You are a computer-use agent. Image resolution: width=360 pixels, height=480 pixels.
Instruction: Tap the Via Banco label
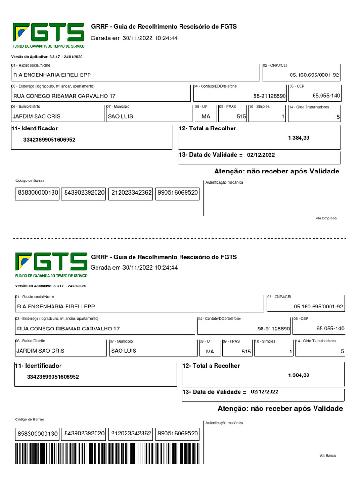pyautogui.click(x=328, y=456)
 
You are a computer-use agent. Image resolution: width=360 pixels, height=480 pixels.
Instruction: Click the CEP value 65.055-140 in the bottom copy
pyautogui.click(x=330, y=329)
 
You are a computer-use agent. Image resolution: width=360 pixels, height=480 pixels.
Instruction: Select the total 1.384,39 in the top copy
pyautogui.click(x=299, y=138)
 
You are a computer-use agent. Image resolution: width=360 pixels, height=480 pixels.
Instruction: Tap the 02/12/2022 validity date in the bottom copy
pyautogui.click(x=264, y=391)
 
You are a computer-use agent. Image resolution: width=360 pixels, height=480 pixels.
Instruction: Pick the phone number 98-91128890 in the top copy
pyautogui.click(x=270, y=96)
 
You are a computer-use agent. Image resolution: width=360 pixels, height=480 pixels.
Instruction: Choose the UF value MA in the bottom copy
pyautogui.click(x=210, y=351)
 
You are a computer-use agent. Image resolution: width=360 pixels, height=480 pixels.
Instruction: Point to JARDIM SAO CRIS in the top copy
pyautogui.click(x=36, y=116)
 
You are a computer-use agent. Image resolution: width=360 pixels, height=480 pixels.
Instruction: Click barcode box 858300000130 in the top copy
pyautogui.click(x=37, y=192)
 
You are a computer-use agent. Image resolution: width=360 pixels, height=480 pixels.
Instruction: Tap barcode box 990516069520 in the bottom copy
pyautogui.click(x=177, y=434)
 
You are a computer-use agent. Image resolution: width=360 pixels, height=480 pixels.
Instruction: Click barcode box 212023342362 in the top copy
pyautogui.click(x=131, y=192)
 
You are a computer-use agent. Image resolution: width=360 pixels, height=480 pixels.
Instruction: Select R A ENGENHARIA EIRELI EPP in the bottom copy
pyautogui.click(x=56, y=307)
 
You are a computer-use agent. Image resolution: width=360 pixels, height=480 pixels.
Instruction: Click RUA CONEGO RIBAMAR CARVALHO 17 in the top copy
pyautogui.click(x=64, y=96)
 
